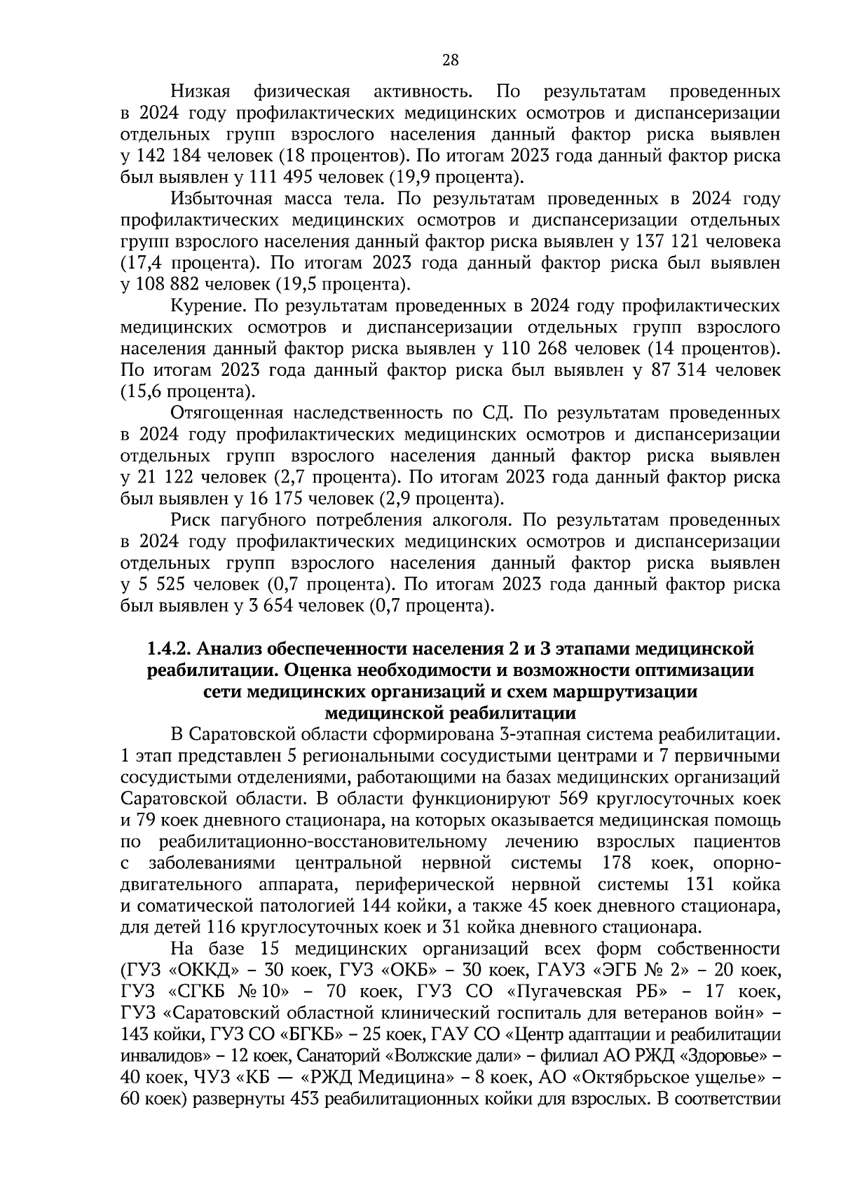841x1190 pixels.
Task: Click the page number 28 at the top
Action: point(450,60)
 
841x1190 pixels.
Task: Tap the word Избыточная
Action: point(219,198)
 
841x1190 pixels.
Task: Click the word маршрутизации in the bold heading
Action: point(624,691)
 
